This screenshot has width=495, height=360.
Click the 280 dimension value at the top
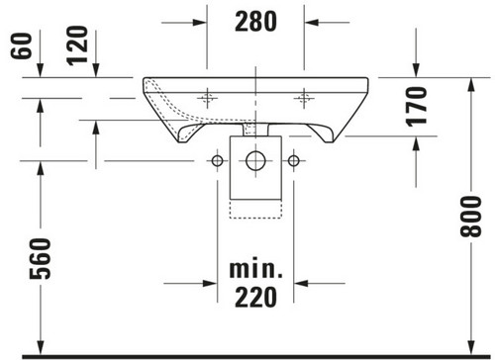(255, 22)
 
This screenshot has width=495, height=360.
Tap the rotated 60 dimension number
(22, 45)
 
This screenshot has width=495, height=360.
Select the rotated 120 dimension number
(78, 45)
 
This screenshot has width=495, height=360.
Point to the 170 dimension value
(417, 107)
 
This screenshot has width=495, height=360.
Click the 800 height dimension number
(471, 217)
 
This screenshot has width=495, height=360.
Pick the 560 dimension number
(41, 259)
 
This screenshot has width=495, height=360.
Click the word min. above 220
(256, 269)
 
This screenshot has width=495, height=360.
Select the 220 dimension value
(255, 297)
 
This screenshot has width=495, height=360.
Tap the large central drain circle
(255, 161)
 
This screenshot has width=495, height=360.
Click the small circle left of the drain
(217, 161)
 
